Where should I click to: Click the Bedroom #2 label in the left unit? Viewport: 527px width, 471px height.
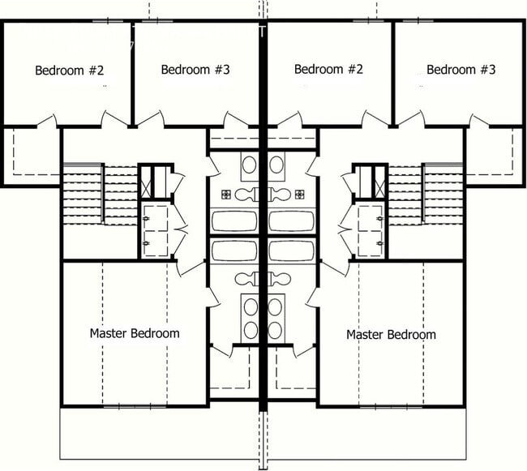pos(70,70)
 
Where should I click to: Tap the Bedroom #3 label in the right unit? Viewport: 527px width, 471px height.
pos(461,70)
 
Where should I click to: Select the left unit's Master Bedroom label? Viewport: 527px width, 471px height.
pos(135,333)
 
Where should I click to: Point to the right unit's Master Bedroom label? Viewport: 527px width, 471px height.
pos(391,334)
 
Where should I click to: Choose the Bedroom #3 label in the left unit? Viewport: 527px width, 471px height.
pos(195,70)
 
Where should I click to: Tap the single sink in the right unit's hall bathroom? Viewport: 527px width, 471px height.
pos(277,166)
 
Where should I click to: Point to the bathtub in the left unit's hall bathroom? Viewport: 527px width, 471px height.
pos(234,221)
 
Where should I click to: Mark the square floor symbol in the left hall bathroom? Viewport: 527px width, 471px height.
pos(226,194)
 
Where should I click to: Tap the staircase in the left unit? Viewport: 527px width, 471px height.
pos(84,195)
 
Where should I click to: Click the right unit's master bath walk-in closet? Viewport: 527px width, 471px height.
pos(293,369)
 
